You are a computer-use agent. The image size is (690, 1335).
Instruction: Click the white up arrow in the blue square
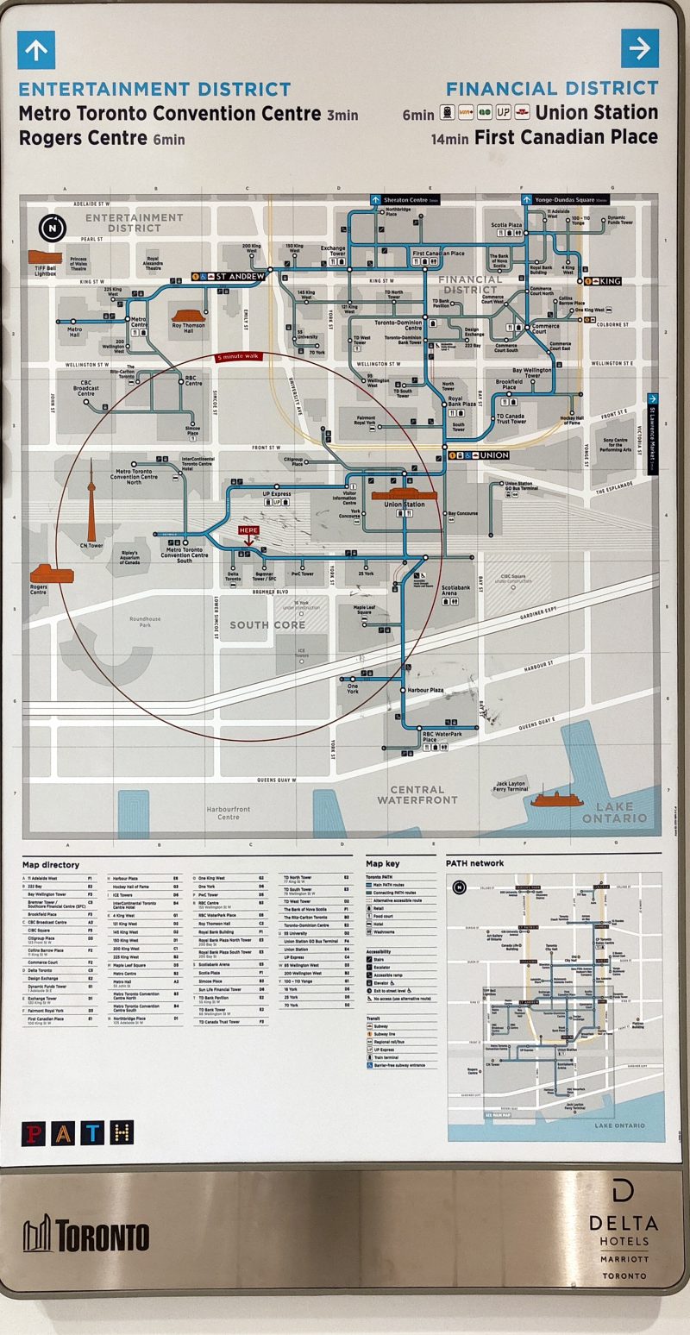36,50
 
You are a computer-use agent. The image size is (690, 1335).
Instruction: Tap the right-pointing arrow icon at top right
639,49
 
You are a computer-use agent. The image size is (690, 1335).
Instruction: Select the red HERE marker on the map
248,532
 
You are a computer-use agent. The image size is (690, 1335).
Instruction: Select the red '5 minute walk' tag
243,356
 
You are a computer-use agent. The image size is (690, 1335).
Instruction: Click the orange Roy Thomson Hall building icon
187,316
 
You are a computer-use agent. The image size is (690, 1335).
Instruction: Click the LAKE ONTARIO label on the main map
613,812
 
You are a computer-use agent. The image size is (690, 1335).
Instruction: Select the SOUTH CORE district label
267,624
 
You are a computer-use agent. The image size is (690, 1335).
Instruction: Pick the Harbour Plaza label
426,690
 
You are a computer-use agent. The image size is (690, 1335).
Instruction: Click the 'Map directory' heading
51,865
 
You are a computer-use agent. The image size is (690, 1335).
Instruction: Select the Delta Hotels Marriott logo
623,1229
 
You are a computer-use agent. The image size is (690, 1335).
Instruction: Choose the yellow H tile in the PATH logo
122,1132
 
